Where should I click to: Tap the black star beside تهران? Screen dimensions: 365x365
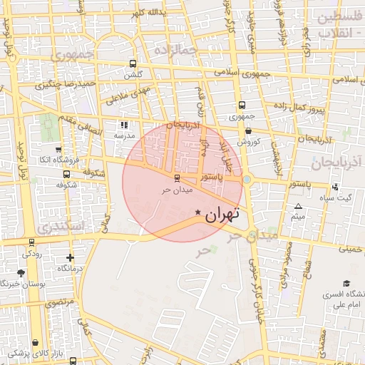point(198,212)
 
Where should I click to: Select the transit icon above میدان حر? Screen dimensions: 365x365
point(176,178)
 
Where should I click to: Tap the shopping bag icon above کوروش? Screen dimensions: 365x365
point(247,130)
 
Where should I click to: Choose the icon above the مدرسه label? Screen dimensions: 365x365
point(124,125)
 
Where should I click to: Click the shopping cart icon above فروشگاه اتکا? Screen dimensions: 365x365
point(66,149)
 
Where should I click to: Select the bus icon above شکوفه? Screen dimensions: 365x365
point(66,173)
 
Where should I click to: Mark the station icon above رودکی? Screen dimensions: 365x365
point(31,243)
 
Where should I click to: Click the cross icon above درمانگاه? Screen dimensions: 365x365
point(70,257)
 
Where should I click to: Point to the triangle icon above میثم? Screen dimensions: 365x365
point(298,207)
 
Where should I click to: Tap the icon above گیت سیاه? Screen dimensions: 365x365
point(334,187)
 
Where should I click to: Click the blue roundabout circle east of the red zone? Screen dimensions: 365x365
point(247,180)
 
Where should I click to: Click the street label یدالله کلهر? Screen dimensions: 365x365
point(148,13)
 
